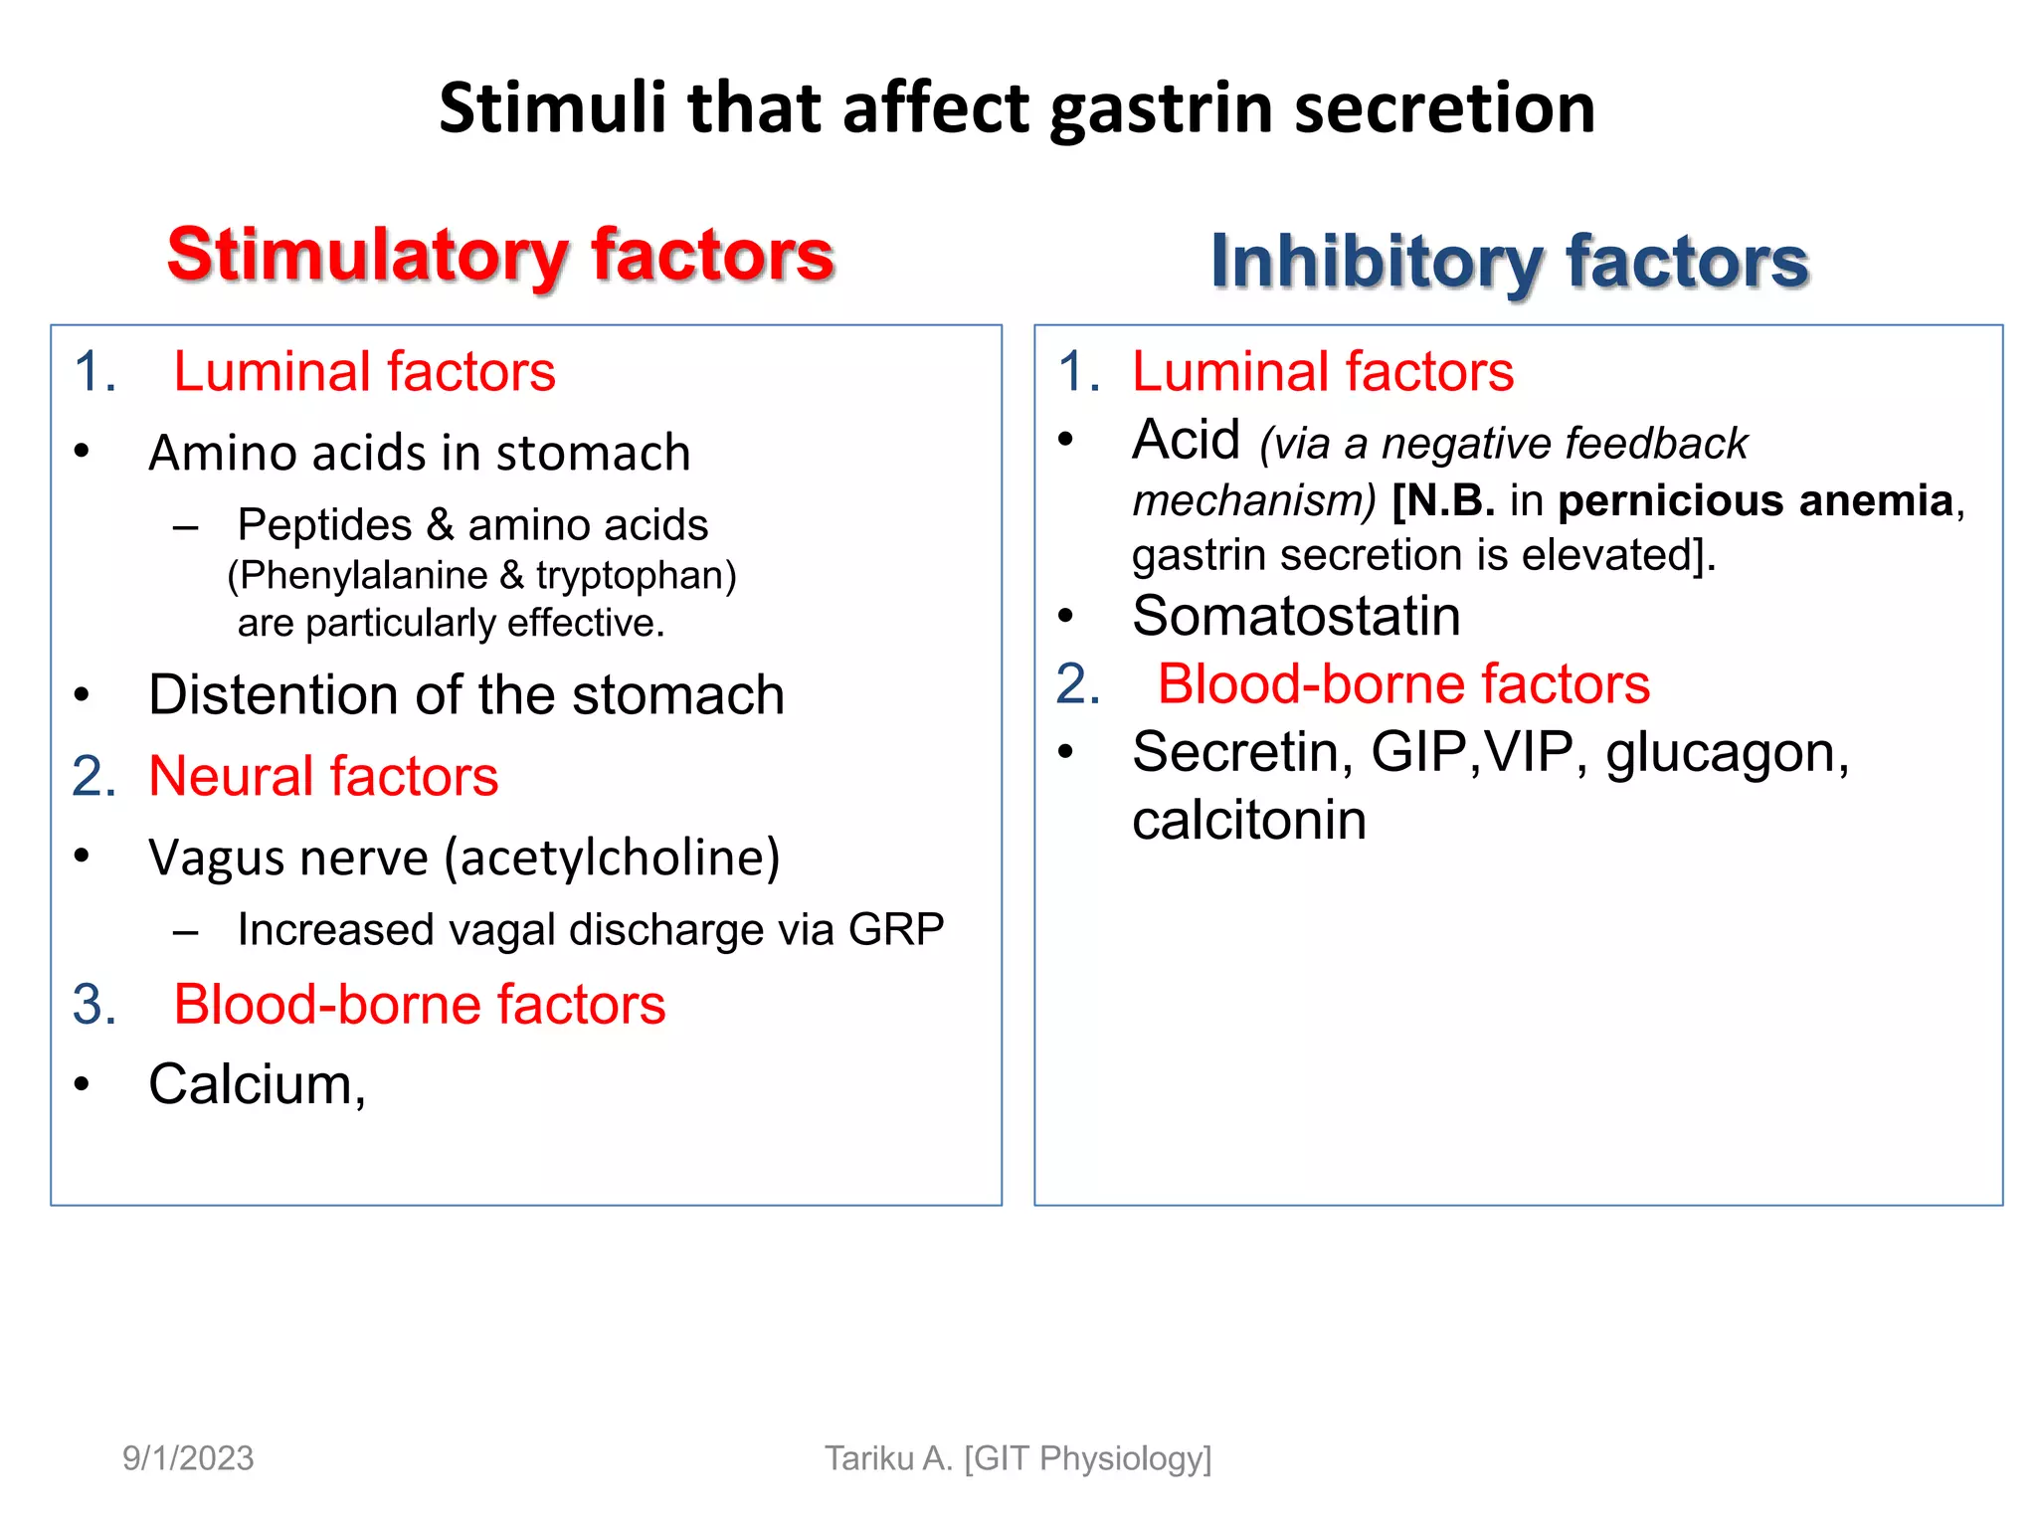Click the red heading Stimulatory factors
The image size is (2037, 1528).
coord(500,255)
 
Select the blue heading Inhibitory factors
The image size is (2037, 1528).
coord(1509,261)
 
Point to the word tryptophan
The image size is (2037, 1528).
coord(631,575)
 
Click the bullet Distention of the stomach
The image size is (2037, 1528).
coord(465,694)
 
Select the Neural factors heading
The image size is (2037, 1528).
coord(322,776)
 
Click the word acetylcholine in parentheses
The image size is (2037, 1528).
coord(611,858)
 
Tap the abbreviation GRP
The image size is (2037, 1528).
coord(895,930)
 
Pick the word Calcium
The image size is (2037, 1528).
coord(251,1084)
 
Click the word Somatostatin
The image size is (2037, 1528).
coord(1296,616)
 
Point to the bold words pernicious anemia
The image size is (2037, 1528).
coord(1756,500)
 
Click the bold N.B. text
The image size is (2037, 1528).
coord(1443,500)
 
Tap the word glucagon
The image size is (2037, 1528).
coord(1726,752)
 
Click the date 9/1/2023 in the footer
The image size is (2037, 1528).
coord(188,1458)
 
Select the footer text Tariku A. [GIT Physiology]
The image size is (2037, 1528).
coord(1018,1458)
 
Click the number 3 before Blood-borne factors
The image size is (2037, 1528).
coord(93,1005)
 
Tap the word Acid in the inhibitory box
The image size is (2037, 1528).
coord(1186,440)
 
